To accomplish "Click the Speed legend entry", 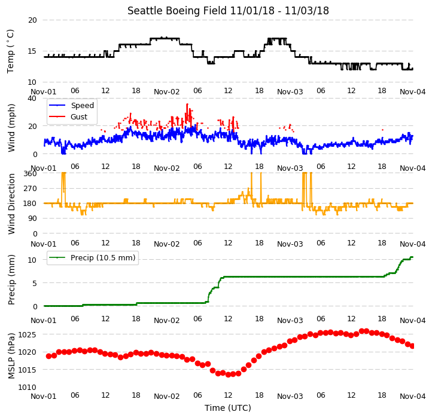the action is (71, 105).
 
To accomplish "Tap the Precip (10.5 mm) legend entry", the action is (92, 258).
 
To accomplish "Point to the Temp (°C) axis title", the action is (10, 51).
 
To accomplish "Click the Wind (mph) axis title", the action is (11, 128).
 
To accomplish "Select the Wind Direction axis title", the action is (11, 204).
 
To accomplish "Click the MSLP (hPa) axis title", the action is (11, 356).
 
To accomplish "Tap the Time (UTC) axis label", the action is (228, 408).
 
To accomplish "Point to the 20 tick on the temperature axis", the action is (32, 20).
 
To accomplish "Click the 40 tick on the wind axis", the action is (32, 99).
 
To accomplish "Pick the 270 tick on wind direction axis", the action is (30, 189).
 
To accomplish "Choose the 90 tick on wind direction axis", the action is (32, 219).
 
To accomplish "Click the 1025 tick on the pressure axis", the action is (28, 334).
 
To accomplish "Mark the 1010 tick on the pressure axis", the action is (28, 388).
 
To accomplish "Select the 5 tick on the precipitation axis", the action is (35, 283).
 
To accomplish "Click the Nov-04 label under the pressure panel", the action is (413, 397).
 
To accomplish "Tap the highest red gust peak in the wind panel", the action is (187, 105).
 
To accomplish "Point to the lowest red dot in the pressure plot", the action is (228, 374).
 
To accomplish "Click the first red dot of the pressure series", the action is (49, 356).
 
